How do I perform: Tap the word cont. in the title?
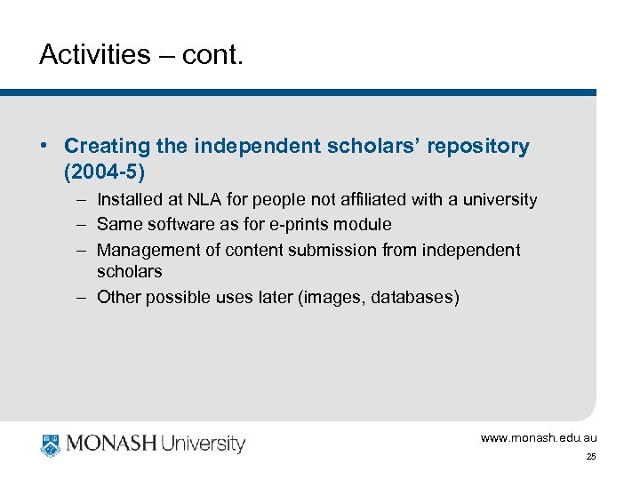click(x=212, y=55)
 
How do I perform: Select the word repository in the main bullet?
click(x=477, y=146)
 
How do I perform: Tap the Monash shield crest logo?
click(x=51, y=444)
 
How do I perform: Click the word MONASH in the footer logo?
click(x=111, y=444)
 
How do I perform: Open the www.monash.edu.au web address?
click(x=539, y=437)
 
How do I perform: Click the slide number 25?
click(x=590, y=457)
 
